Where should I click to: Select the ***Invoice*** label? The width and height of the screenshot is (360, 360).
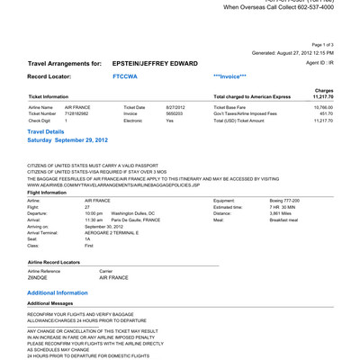point(229,77)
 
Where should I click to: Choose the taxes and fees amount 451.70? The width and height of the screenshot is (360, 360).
point(325,114)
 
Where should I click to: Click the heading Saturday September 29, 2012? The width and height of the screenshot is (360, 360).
point(74,141)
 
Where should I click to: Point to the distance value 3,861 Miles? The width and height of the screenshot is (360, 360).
point(272,213)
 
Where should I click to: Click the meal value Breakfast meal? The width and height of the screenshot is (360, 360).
point(274,220)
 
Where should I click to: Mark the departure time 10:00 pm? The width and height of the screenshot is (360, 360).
point(94,213)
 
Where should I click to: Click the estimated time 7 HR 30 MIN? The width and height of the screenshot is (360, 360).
point(274,207)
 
